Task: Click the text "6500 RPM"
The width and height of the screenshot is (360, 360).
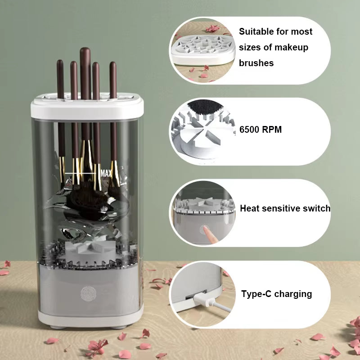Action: tap(261, 130)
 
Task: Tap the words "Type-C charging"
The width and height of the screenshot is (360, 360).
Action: tap(276, 294)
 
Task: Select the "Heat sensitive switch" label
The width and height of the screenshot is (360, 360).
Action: tap(285, 208)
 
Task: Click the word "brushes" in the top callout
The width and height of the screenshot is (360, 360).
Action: tap(256, 63)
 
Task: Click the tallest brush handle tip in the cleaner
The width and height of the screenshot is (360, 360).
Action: tap(85, 50)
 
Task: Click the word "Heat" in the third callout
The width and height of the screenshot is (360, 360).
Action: tap(250, 208)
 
